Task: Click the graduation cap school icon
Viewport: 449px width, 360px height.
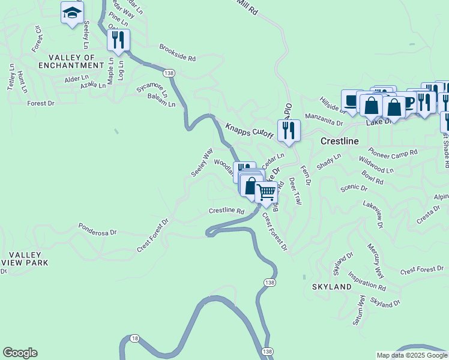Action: click(x=72, y=13)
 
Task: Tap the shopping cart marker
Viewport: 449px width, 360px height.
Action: click(x=266, y=193)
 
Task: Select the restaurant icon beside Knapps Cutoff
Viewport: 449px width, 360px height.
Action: click(x=289, y=131)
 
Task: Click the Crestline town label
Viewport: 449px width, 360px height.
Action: click(x=340, y=142)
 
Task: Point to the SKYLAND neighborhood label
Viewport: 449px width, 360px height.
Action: click(x=331, y=287)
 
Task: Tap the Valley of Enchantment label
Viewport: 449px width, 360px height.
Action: click(x=67, y=61)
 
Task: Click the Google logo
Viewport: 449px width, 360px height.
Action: click(x=20, y=353)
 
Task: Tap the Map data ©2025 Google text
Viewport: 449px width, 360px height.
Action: click(x=412, y=355)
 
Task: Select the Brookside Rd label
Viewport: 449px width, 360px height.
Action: click(x=178, y=53)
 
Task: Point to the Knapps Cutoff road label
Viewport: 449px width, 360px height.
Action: click(x=249, y=131)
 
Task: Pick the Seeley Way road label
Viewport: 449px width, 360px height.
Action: click(x=202, y=162)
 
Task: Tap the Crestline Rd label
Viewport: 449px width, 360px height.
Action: click(x=226, y=211)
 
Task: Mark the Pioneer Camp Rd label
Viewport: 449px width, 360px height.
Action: click(x=393, y=154)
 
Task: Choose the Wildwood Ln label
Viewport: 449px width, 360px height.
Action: click(x=376, y=164)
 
